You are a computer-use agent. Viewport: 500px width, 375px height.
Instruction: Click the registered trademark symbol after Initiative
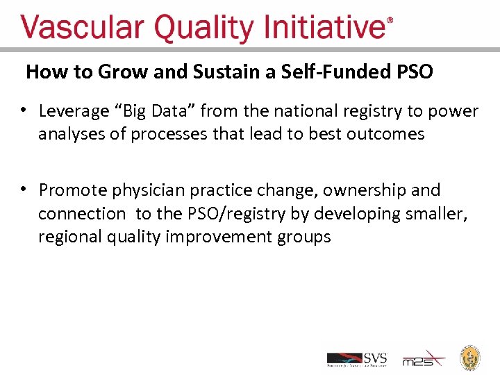[390, 22]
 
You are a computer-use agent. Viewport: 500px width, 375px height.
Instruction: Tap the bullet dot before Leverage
[24, 110]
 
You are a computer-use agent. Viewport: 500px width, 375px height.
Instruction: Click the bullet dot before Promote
[24, 189]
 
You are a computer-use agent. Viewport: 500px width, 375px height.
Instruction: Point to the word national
[297, 111]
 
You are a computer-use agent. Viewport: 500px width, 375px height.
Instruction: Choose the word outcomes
[387, 133]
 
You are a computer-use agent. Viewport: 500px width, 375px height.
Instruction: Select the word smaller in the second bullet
[437, 213]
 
